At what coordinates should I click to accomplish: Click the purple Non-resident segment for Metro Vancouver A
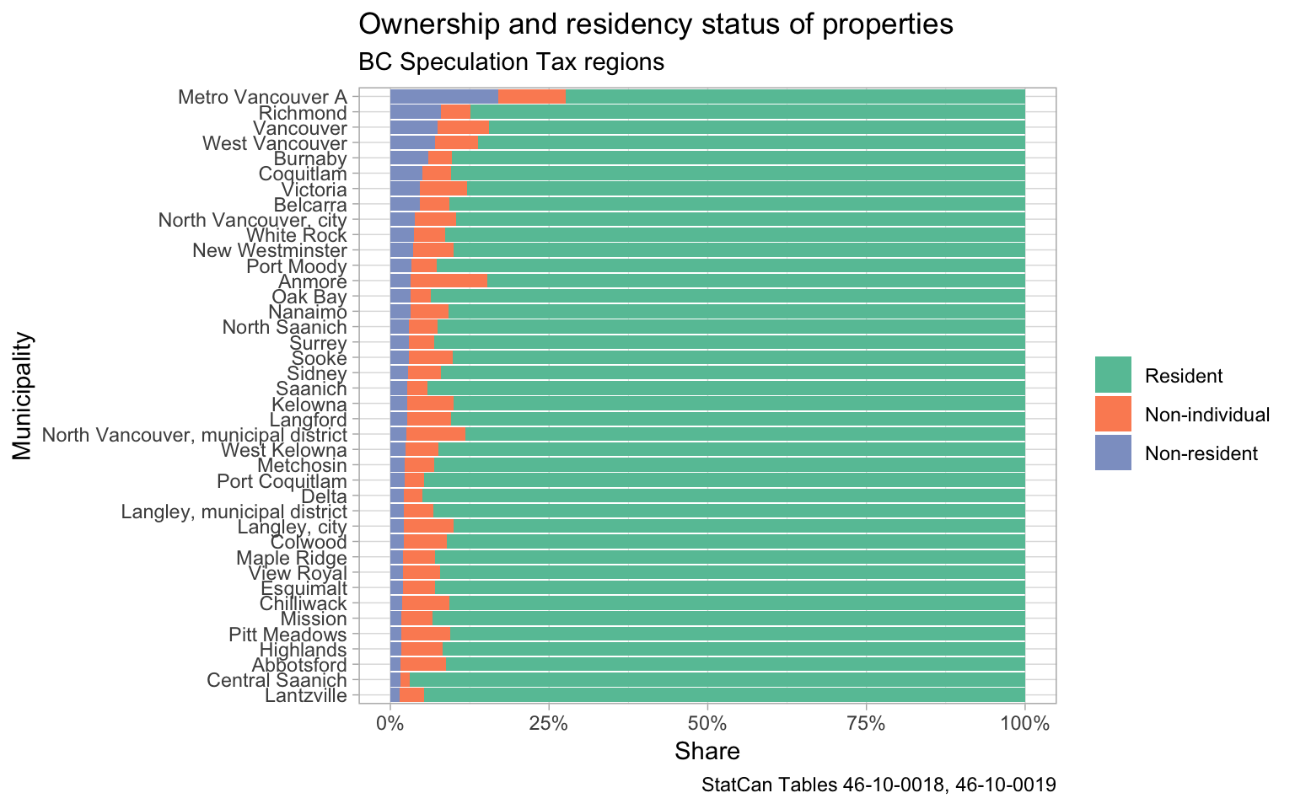[444, 97]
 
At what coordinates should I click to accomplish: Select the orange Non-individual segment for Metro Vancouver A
[532, 97]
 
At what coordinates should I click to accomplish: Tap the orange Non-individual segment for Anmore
[449, 281]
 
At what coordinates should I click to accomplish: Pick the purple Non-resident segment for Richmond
[416, 112]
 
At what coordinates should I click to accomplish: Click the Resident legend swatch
[1112, 375]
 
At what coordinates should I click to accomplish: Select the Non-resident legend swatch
[1112, 453]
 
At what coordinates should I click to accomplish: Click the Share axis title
[707, 751]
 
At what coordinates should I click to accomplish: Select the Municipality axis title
[23, 396]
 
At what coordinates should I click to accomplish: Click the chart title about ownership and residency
[655, 24]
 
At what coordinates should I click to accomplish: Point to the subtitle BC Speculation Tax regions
[511, 62]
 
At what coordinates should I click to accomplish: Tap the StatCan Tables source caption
[879, 785]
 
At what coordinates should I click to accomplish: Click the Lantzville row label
[305, 695]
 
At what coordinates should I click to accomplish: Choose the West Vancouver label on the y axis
[275, 143]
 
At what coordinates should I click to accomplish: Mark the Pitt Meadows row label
[287, 634]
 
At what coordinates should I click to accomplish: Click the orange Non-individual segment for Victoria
[443, 189]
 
